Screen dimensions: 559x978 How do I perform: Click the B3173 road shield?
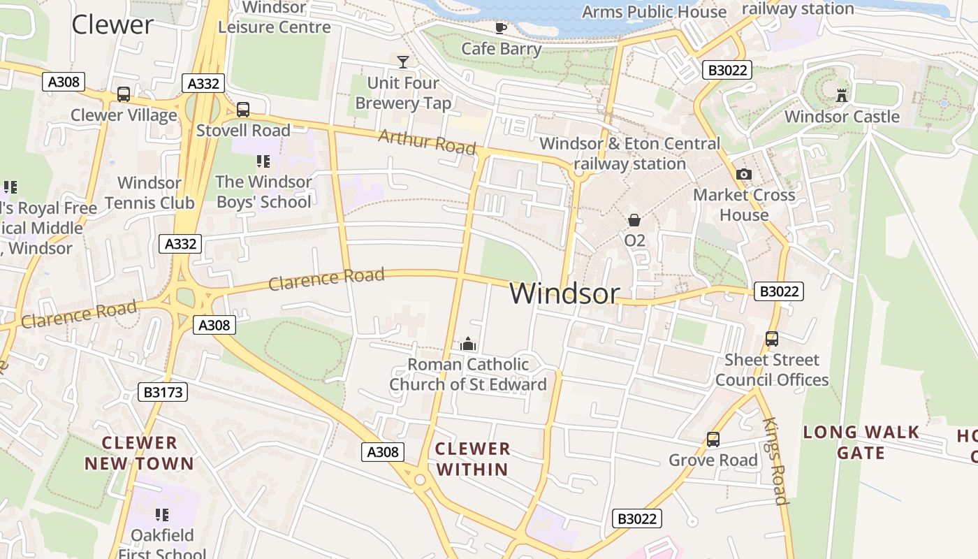[163, 392]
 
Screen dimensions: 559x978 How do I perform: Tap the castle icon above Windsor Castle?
[842, 95]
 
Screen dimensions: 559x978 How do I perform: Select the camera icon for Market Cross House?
[744, 174]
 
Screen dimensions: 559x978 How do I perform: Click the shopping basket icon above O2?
[634, 220]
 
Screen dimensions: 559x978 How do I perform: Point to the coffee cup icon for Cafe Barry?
[501, 28]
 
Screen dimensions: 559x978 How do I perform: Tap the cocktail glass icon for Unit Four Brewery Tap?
[403, 61]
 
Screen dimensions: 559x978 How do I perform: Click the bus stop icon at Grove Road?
[713, 440]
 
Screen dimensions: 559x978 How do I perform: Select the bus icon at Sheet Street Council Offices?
[771, 339]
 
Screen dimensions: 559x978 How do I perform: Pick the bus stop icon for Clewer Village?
[124, 94]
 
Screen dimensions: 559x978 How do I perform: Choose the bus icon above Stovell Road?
[242, 110]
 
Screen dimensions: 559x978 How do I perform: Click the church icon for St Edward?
[467, 344]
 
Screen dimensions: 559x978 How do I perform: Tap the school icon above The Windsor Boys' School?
[263, 161]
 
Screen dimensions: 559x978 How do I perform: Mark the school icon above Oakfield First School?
[162, 515]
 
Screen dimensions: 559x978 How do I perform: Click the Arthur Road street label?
[427, 141]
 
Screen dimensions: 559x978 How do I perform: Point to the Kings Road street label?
[775, 461]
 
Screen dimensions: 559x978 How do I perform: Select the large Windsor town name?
[564, 293]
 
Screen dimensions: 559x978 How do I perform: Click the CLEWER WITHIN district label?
[473, 458]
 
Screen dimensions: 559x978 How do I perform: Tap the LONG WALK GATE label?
[861, 442]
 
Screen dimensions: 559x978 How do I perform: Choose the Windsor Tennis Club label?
[149, 193]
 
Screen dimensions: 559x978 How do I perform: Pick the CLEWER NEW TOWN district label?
[140, 453]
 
